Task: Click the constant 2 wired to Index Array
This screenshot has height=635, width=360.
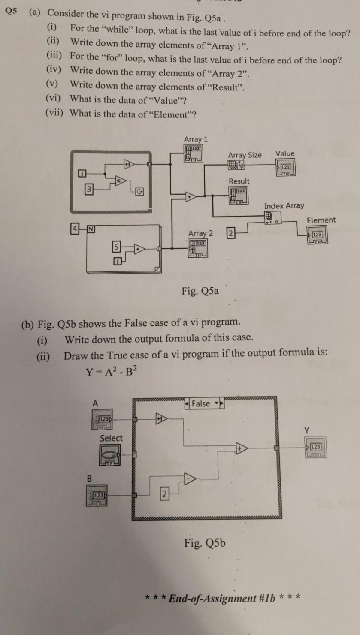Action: coord(230,234)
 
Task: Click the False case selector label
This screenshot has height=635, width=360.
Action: coord(200,404)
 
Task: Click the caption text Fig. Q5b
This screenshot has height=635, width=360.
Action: coord(205,544)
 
